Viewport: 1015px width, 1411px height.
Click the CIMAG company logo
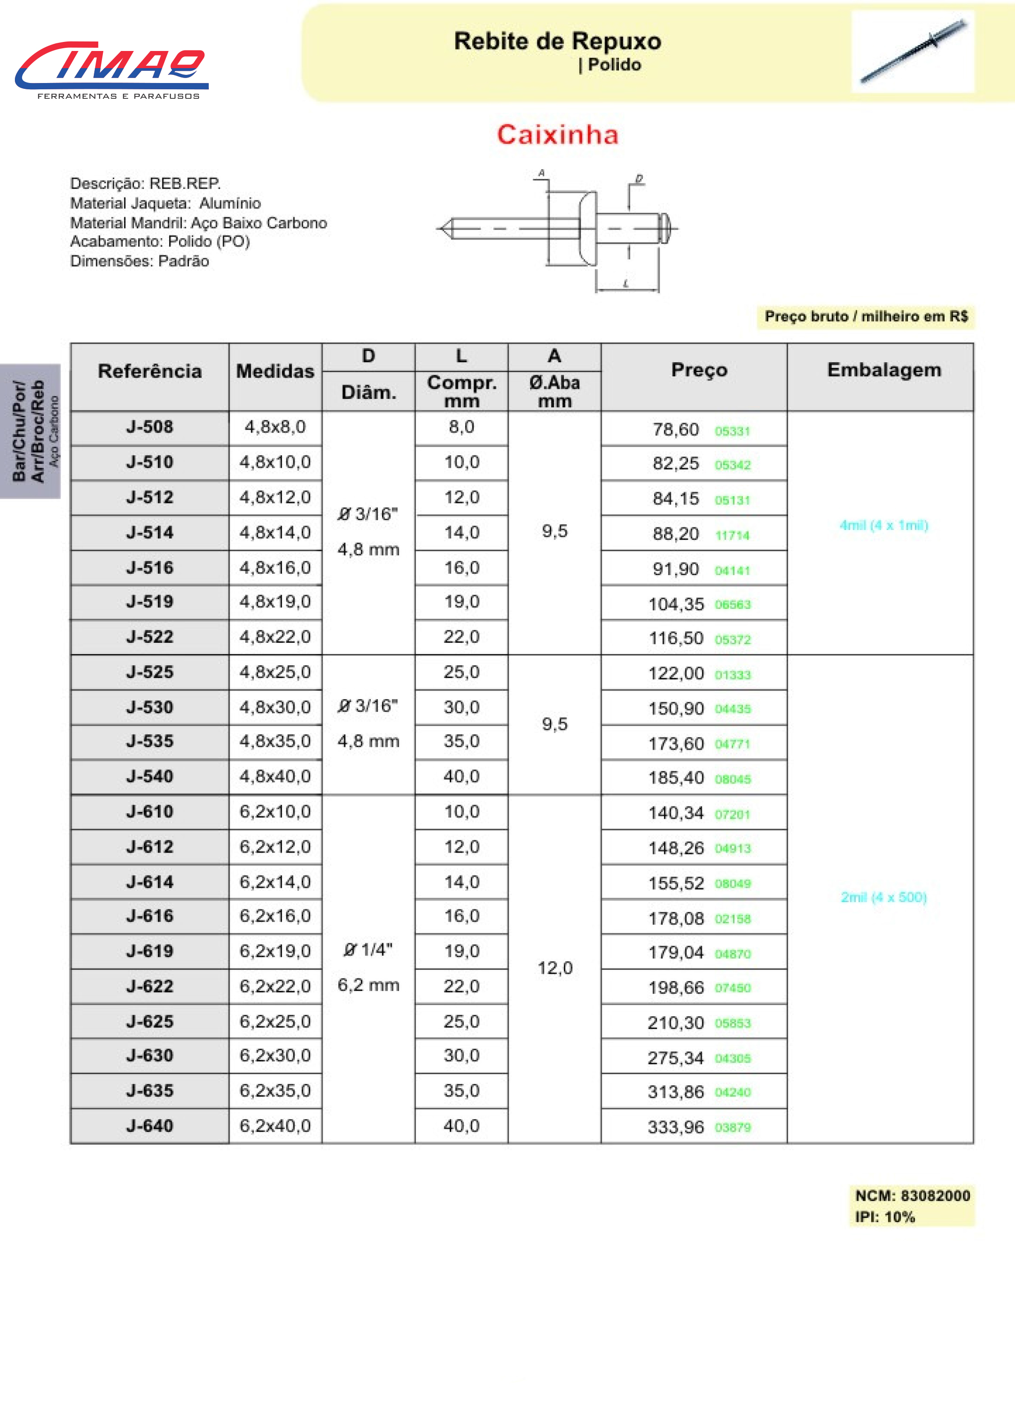(112, 69)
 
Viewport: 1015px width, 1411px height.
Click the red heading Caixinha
(558, 135)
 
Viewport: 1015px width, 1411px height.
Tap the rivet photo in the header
(912, 51)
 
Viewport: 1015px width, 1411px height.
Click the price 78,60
(676, 429)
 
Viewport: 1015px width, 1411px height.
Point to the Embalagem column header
(884, 370)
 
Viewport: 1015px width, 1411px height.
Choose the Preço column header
(699, 370)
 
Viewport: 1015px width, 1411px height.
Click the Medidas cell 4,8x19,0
(275, 602)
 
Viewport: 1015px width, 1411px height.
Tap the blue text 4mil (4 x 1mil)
(884, 525)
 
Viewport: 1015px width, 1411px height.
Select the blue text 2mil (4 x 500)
(884, 897)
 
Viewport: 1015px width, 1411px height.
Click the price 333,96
(676, 1127)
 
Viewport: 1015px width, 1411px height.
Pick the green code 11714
(733, 535)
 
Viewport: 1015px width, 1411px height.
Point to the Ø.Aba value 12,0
(554, 968)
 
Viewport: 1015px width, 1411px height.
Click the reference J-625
(149, 1022)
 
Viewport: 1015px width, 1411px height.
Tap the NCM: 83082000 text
(912, 1196)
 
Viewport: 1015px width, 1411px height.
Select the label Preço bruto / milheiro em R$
(866, 317)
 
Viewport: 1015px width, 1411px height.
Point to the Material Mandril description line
(198, 223)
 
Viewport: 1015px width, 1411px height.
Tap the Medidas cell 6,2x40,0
(275, 1126)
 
